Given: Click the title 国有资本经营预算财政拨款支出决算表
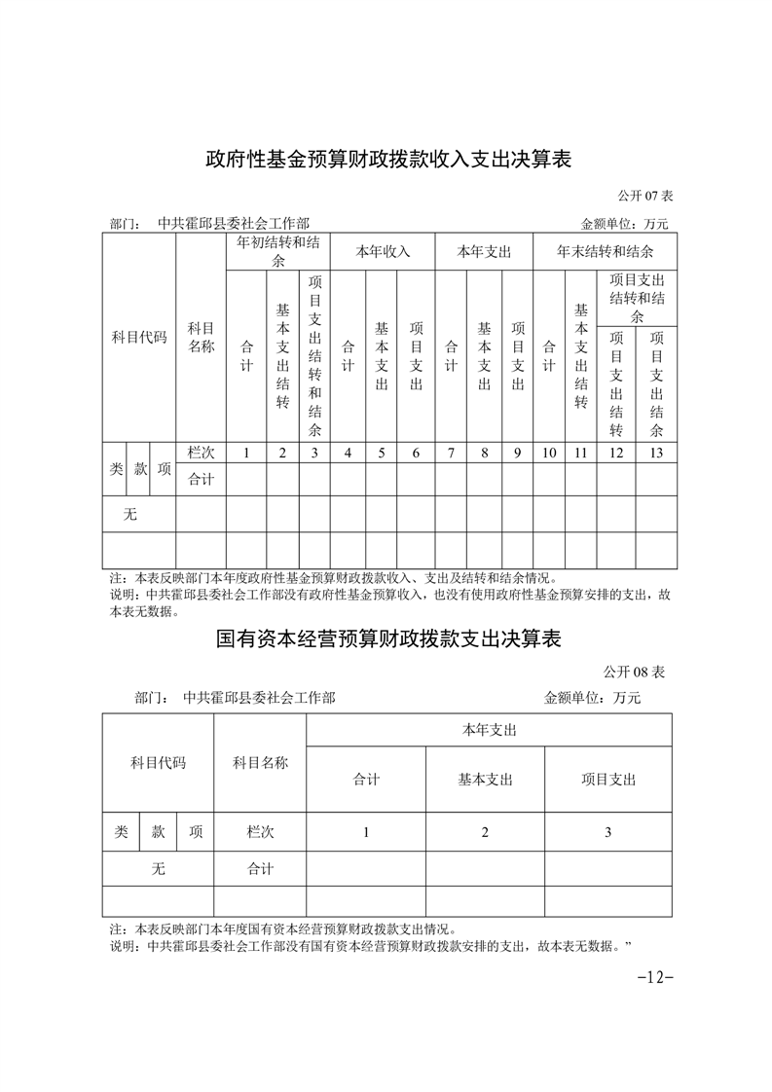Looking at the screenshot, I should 388,639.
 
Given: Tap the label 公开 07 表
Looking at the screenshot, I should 645,197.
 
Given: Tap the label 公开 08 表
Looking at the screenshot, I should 634,673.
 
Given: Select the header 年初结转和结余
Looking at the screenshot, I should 281,251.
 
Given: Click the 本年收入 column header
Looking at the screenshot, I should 383,251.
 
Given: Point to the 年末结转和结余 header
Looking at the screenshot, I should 605,251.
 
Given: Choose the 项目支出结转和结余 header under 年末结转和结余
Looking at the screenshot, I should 637,299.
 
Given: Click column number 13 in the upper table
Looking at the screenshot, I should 656,453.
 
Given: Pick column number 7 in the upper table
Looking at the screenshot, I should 451,453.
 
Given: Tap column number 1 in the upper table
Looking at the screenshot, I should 246,453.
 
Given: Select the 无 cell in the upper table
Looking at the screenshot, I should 130,514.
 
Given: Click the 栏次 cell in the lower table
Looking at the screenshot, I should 260,832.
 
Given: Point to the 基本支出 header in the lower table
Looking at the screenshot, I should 485,780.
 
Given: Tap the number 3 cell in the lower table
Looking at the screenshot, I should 607,832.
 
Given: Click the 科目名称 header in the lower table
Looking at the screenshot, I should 260,763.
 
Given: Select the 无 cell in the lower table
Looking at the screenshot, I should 158,869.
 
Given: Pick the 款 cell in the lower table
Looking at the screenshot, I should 159,832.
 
